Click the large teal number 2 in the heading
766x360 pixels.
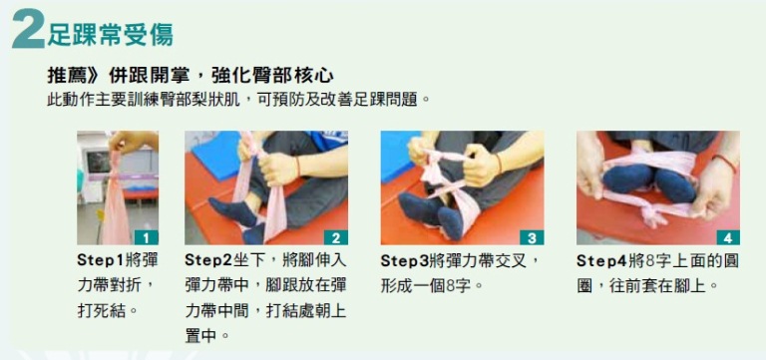[28, 29]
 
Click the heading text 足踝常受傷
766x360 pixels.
[111, 34]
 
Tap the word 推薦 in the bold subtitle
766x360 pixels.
[64, 76]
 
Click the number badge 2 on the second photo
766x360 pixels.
[336, 238]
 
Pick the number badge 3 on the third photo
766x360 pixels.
[532, 238]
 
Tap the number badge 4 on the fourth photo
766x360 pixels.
[728, 238]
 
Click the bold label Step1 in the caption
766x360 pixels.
[101, 260]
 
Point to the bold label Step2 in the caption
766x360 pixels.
[209, 260]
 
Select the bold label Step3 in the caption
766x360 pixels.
[405, 260]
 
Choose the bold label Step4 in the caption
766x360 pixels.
[600, 260]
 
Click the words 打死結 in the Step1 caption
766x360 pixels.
[101, 311]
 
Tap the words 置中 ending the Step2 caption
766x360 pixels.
[200, 336]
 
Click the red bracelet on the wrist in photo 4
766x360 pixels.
[725, 163]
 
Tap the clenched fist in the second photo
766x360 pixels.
[277, 170]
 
